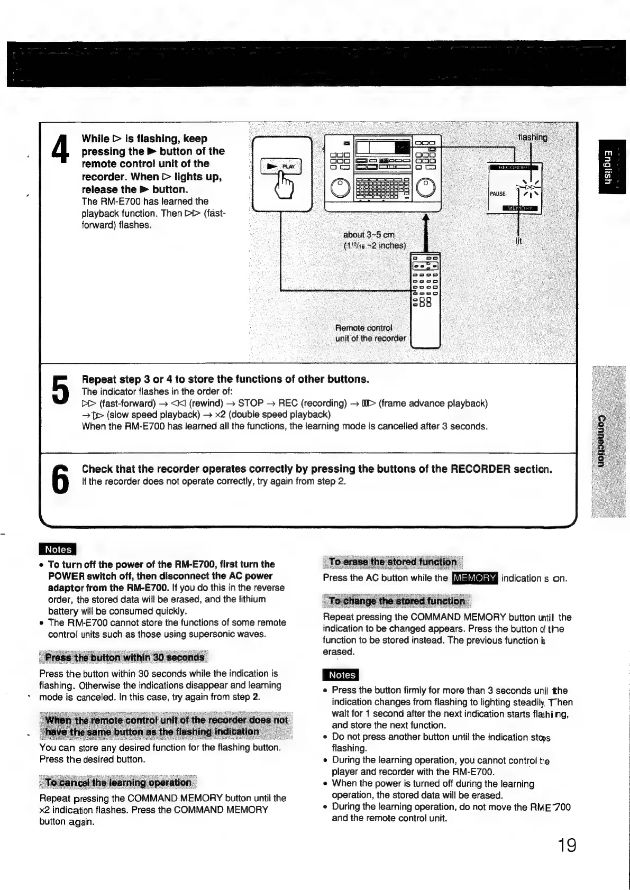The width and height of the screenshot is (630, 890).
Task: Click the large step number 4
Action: [61, 150]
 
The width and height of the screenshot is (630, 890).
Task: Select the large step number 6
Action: [61, 478]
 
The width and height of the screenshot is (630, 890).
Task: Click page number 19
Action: [567, 845]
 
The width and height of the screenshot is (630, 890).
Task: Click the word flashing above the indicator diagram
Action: [533, 137]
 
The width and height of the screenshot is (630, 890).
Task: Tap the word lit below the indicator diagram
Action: [518, 241]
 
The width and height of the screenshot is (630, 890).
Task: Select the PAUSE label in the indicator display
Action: [498, 194]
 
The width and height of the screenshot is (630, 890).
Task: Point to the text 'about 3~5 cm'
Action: [369, 234]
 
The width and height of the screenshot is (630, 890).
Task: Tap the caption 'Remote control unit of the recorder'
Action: [370, 333]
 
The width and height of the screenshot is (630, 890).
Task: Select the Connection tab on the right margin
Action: [601, 441]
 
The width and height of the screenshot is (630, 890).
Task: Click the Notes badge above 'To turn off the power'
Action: [58, 549]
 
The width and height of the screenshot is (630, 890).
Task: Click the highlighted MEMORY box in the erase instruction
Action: [474, 578]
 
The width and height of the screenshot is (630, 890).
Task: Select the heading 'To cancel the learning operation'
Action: [118, 782]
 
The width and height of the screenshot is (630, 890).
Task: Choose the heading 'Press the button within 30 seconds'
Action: [124, 657]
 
